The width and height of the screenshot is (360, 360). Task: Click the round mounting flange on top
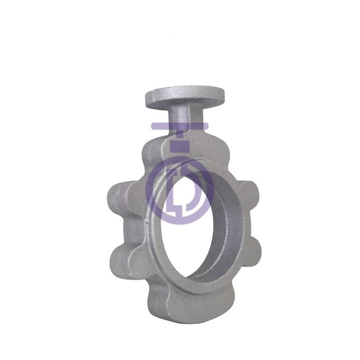[x=178, y=97]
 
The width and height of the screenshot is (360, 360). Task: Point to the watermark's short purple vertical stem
[x=180, y=135]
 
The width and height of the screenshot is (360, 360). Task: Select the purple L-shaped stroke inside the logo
[x=172, y=203]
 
